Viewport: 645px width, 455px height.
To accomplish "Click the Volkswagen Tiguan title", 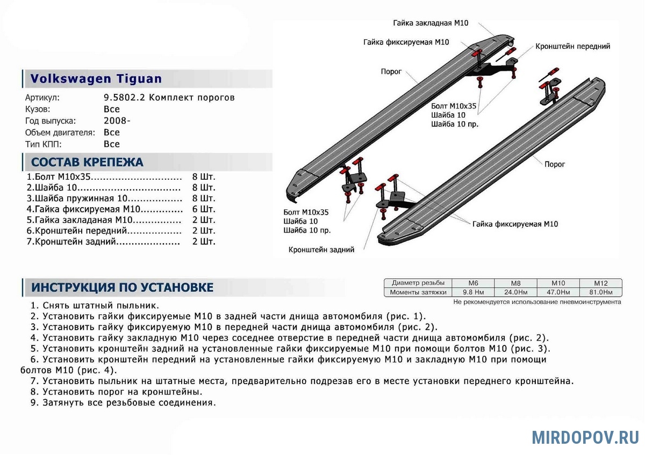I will (x=96, y=79).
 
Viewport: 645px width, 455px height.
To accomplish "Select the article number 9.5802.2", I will (x=124, y=98).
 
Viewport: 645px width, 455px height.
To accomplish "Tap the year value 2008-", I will (x=117, y=121).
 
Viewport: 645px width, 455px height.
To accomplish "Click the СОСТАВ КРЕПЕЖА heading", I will (x=87, y=163).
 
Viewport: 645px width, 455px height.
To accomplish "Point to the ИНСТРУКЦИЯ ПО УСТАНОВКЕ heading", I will (x=122, y=288).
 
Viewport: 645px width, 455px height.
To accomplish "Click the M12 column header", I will (x=600, y=283).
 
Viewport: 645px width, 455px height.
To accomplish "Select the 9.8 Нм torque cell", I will (x=473, y=292).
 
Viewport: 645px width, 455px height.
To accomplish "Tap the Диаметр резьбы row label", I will (x=418, y=283).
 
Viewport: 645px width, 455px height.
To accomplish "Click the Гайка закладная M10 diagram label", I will (x=431, y=23).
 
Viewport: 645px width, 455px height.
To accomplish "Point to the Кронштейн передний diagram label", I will (x=572, y=47).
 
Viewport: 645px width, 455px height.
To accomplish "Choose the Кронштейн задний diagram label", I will (x=321, y=250).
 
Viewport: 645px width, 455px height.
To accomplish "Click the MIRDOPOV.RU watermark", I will (x=585, y=437).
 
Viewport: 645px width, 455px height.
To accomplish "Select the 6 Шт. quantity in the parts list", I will (x=204, y=209).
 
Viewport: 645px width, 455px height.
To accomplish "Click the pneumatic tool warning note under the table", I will (x=537, y=302).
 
